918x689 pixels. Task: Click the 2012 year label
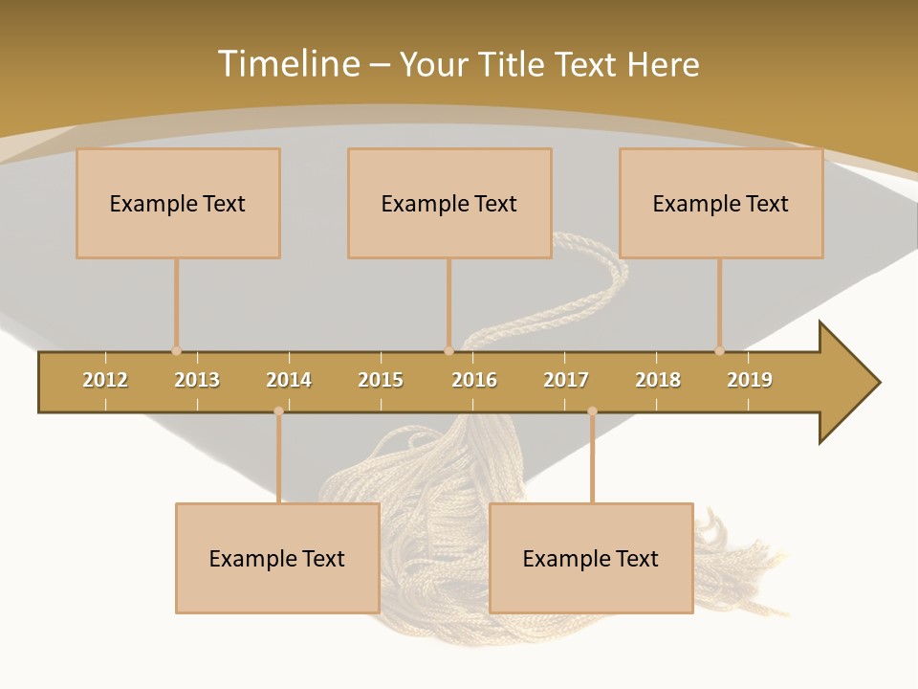click(x=105, y=380)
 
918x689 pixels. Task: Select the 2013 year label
click(x=197, y=380)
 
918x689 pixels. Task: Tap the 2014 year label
click(x=289, y=380)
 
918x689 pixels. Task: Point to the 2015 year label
click(x=381, y=380)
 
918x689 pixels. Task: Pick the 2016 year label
click(x=474, y=380)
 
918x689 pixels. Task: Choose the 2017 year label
click(x=566, y=380)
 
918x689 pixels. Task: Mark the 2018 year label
click(x=658, y=380)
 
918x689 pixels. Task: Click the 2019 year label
click(x=750, y=380)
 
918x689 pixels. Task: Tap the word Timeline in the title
click(x=287, y=64)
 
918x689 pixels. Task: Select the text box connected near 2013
click(x=178, y=203)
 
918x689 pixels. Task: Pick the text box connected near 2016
click(x=449, y=203)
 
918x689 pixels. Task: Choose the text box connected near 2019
click(x=721, y=203)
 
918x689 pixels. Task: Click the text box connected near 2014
click(x=277, y=558)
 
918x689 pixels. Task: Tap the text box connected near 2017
click(x=591, y=558)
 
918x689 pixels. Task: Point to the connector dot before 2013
click(x=176, y=351)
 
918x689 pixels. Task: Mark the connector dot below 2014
click(x=278, y=411)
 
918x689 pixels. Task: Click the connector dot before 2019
click(x=719, y=351)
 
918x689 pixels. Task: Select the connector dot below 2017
click(x=592, y=411)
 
